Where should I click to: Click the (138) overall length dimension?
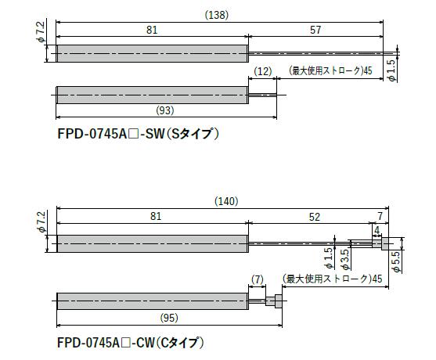click(x=217, y=15)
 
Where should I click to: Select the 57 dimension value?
click(x=315, y=30)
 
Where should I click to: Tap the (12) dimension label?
click(x=263, y=71)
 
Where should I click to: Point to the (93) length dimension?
click(x=165, y=110)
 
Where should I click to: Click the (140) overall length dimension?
click(x=226, y=201)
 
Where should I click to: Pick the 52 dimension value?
click(x=315, y=217)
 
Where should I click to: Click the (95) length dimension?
click(x=169, y=318)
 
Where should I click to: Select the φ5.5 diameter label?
click(x=397, y=261)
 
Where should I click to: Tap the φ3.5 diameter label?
click(x=345, y=259)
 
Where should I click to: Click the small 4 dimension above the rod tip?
click(x=377, y=230)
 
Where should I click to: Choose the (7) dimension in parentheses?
click(x=257, y=279)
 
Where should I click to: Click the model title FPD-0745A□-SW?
click(x=111, y=135)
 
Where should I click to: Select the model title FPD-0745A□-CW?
click(x=106, y=343)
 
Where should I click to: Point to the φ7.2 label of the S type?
click(x=41, y=31)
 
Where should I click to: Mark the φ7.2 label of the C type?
click(x=41, y=221)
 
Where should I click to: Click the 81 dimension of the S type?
click(x=152, y=30)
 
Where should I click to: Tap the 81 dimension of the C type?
click(x=156, y=216)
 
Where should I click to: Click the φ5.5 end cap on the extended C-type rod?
click(x=385, y=244)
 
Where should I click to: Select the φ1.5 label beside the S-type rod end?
click(x=391, y=70)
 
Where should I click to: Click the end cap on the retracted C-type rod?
click(x=279, y=301)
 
